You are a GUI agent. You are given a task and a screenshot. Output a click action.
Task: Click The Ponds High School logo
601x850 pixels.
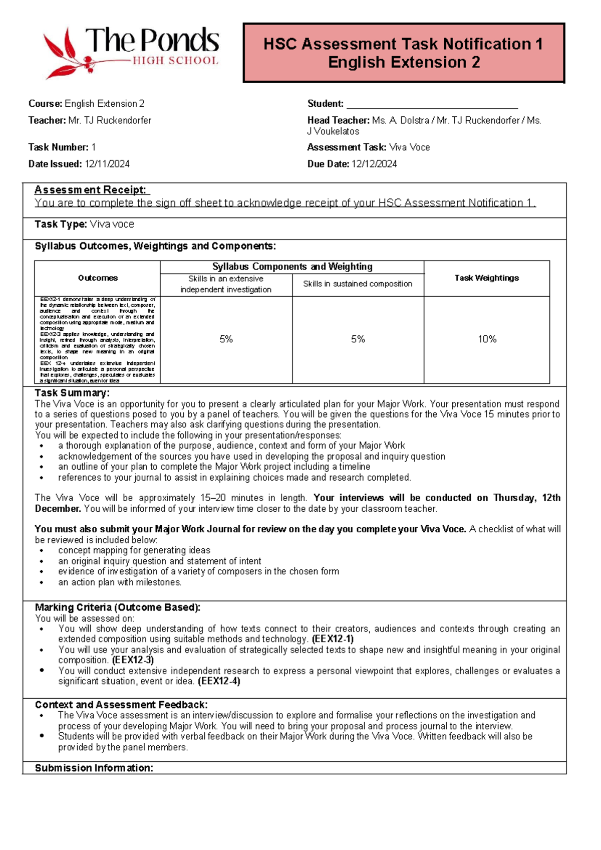[131, 53]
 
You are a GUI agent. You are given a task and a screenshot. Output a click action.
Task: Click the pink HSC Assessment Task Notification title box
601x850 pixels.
[404, 53]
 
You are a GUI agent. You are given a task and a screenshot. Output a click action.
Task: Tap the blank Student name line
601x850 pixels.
[432, 104]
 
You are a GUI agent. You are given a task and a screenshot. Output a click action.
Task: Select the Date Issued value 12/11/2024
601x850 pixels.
[107, 164]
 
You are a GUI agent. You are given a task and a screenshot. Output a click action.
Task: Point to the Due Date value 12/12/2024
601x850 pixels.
[374, 164]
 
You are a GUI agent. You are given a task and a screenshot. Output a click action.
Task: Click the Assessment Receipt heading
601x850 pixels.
[91, 190]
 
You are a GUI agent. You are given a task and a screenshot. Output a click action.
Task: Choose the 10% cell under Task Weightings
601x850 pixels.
[487, 339]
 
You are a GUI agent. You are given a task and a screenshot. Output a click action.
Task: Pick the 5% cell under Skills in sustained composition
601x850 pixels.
[358, 339]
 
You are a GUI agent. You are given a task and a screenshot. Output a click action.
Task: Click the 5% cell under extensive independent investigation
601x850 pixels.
[226, 339]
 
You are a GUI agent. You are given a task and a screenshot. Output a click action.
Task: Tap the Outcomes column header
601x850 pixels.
[98, 278]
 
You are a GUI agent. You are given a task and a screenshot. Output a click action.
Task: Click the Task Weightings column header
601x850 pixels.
[486, 278]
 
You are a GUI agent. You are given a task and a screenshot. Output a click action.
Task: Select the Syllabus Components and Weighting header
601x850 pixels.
[292, 267]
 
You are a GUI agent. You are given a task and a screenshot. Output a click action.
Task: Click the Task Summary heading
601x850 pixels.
[72, 393]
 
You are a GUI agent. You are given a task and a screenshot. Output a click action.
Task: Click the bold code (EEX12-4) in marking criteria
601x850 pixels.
[219, 681]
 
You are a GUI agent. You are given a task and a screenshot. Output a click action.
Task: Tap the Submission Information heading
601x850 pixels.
[94, 768]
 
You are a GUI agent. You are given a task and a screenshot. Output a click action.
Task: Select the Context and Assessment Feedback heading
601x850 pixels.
[121, 705]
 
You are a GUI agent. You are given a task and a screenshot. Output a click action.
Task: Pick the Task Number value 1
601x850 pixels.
[94, 147]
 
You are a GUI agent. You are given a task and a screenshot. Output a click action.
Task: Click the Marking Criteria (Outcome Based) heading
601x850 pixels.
[118, 607]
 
